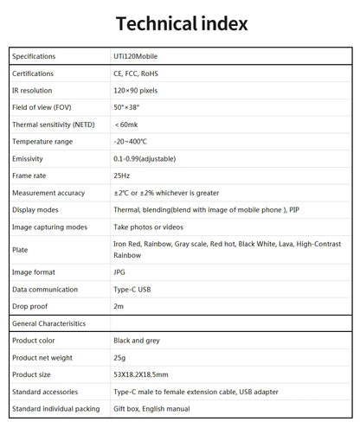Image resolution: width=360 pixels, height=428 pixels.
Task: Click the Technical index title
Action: point(181,23)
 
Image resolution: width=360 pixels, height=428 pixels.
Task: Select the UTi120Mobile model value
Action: point(136,57)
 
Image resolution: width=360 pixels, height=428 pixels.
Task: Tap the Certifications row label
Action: point(33,73)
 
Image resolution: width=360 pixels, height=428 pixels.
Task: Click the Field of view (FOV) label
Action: point(42,108)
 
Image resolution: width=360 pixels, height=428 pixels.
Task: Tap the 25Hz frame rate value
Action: point(122,176)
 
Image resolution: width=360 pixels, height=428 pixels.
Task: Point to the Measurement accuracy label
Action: point(48,193)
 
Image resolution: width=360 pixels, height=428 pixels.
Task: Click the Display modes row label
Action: point(35,210)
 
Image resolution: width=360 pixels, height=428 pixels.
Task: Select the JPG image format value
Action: point(120,272)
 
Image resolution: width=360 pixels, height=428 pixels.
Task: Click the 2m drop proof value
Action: point(119,306)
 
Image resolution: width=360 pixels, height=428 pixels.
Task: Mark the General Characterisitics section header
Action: point(49,323)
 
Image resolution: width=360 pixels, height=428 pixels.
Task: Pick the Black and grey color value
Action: point(139,341)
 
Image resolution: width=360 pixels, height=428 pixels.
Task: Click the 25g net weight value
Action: point(119,358)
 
